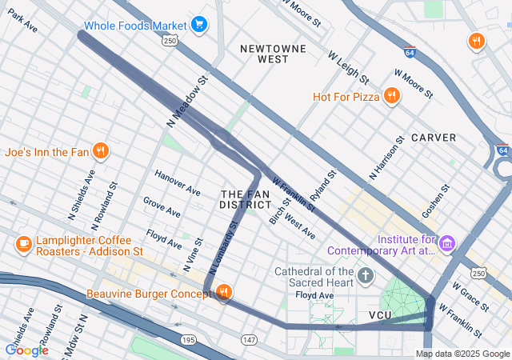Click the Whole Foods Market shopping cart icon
point(199,25)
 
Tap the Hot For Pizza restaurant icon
point(391,97)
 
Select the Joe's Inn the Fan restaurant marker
point(101,150)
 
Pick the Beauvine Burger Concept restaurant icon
point(224,294)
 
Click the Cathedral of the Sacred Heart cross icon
point(366,276)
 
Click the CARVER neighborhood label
point(434,138)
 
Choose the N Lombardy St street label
point(222,250)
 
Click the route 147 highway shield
point(249,341)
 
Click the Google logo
point(26,350)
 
